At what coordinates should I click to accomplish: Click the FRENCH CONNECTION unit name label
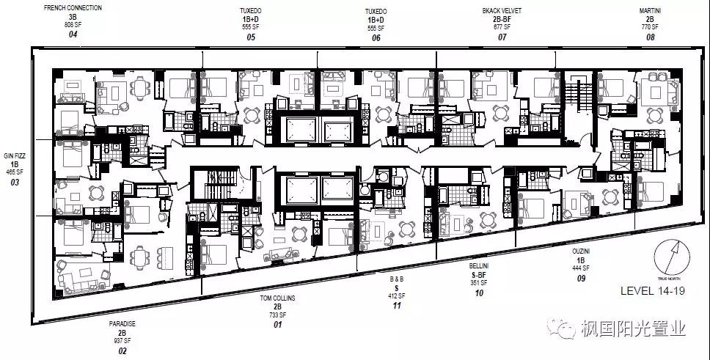[x=73, y=8]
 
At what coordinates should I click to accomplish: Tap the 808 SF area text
[x=72, y=25]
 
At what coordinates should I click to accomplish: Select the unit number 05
[x=251, y=37]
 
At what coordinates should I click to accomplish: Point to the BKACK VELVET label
[x=502, y=11]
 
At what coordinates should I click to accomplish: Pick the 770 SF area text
[x=650, y=26]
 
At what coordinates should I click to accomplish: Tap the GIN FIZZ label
[x=15, y=155]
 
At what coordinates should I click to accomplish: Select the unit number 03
[x=15, y=182]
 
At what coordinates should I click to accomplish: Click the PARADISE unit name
[x=122, y=323]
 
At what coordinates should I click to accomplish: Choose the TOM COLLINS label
[x=277, y=298]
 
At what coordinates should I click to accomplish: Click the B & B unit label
[x=397, y=279]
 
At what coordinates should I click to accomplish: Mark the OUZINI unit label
[x=582, y=251]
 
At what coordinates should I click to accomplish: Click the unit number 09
[x=582, y=278]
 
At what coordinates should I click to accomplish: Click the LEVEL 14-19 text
[x=652, y=290]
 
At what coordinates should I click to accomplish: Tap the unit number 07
[x=502, y=37]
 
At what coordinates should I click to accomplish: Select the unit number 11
[x=397, y=305]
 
